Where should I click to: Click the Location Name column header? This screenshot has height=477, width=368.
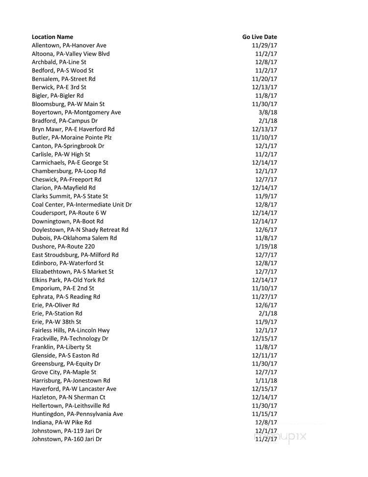point(53,37)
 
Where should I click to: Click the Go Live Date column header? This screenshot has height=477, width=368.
point(260,37)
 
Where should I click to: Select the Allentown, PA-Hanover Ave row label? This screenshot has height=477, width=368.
point(69,45)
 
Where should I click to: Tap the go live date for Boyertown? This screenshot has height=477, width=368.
point(268,112)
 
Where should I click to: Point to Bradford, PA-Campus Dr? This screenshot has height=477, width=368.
point(65,121)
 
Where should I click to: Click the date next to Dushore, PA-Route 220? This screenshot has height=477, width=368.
point(266,247)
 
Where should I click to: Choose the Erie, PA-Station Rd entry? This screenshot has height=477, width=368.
point(57,313)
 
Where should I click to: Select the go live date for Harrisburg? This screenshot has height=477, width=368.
point(266,381)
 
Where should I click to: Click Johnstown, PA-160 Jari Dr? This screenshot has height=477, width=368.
point(67,439)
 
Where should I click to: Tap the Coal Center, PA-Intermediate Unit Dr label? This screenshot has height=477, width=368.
point(81,205)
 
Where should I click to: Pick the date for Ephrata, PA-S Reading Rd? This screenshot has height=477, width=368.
point(264,297)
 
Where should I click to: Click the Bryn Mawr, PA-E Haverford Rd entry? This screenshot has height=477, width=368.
point(73,129)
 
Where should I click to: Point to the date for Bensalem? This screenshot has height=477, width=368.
point(264,79)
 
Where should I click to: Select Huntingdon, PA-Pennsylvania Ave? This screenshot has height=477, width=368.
point(77,414)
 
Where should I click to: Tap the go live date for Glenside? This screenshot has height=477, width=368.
point(264,356)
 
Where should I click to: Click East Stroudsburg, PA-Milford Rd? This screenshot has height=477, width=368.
point(75,255)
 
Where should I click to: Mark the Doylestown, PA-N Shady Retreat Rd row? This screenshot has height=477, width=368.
point(80,230)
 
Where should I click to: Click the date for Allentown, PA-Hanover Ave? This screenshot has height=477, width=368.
point(264,45)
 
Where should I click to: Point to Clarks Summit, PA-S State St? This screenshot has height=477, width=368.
point(70,196)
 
